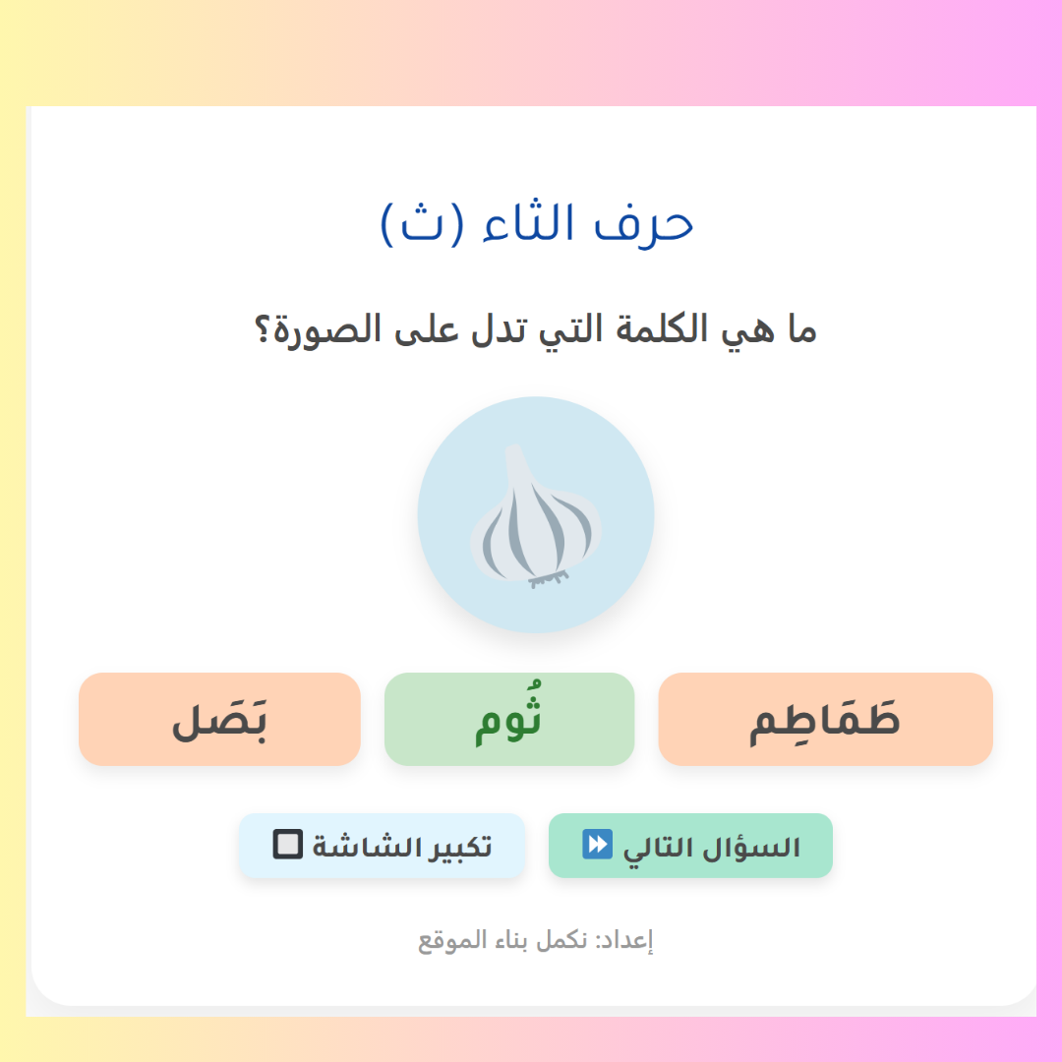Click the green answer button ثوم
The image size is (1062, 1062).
click(509, 719)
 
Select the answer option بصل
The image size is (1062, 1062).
click(219, 719)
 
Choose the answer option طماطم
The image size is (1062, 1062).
click(825, 719)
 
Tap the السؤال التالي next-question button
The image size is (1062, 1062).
click(690, 846)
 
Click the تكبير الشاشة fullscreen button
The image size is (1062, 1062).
click(382, 846)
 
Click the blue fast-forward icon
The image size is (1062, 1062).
click(598, 844)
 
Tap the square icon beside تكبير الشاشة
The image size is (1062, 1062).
click(288, 844)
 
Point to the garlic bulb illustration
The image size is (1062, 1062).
click(535, 516)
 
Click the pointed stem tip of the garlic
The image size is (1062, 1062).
click(514, 449)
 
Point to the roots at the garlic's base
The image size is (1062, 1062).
click(549, 579)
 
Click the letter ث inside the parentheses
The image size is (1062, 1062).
click(421, 225)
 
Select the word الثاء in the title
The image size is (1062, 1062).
click(529, 222)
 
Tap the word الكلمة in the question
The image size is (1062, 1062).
click(653, 329)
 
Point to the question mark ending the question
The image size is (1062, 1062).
click(263, 329)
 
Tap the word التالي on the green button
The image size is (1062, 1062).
click(660, 848)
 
